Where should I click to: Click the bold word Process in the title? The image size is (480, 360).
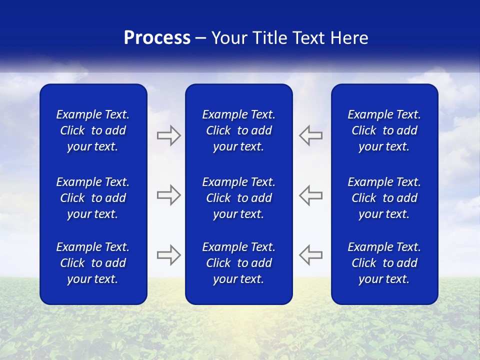(157, 38)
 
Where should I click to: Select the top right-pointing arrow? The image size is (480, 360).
(169, 135)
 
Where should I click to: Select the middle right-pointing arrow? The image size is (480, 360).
(169, 194)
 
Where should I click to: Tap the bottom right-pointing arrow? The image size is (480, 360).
(169, 254)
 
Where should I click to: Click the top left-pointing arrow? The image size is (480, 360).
(311, 135)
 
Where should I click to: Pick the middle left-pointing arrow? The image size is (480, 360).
(311, 194)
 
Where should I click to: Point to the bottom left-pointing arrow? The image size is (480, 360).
(311, 254)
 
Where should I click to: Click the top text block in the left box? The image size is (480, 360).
(93, 130)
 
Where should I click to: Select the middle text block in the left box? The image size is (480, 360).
(93, 198)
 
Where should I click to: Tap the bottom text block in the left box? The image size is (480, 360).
(93, 263)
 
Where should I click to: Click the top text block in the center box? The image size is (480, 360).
(238, 130)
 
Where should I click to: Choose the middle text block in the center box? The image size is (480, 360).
(238, 198)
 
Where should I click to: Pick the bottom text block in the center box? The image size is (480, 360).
(238, 263)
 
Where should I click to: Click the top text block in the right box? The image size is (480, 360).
(384, 130)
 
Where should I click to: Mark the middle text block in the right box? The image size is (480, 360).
(384, 198)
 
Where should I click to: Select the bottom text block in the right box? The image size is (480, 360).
(384, 263)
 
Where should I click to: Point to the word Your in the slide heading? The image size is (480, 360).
(229, 38)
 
